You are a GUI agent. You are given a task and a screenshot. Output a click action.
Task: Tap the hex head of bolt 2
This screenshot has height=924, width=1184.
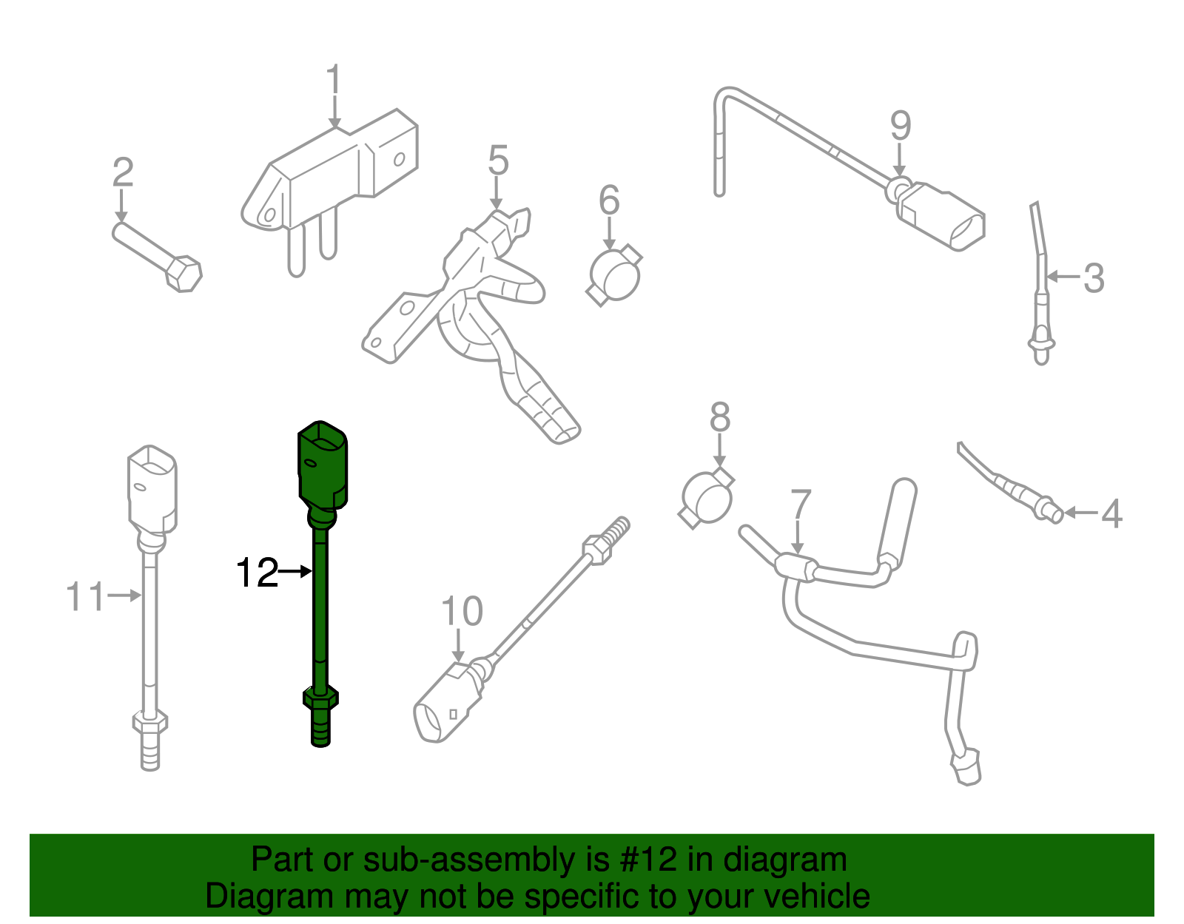(x=183, y=273)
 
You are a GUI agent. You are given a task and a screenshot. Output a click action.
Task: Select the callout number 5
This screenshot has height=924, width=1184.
(x=498, y=161)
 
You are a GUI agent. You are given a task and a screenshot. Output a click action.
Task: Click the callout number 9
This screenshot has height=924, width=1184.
(x=900, y=126)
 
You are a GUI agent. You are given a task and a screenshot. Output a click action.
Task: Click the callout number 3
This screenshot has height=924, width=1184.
(x=1094, y=278)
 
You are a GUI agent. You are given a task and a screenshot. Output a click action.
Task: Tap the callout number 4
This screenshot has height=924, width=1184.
(x=1111, y=513)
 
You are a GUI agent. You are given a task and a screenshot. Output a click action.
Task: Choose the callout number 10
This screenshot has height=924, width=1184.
(x=462, y=612)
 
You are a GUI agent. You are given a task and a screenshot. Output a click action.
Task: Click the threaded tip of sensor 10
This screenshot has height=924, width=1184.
(x=616, y=530)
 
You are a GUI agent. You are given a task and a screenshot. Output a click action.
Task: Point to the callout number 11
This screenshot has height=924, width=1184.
(x=85, y=596)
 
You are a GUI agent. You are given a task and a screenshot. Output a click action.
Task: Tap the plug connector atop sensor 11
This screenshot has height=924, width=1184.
(x=152, y=488)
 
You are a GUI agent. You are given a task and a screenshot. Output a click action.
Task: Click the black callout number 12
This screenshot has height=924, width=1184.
(x=257, y=573)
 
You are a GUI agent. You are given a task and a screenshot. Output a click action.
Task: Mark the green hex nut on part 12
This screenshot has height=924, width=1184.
(x=321, y=697)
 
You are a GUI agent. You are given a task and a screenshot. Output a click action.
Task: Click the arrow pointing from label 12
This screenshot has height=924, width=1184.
(x=297, y=571)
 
